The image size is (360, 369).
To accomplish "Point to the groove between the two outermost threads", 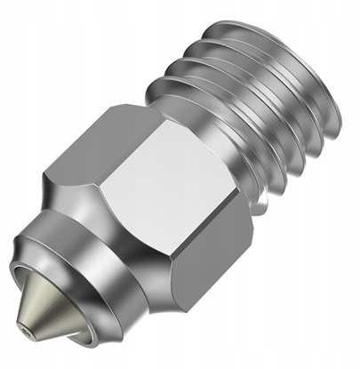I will [307, 107].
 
